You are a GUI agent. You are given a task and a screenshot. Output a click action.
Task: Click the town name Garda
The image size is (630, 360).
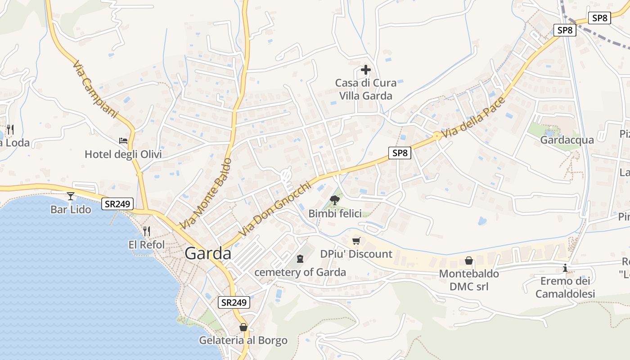click(x=208, y=254)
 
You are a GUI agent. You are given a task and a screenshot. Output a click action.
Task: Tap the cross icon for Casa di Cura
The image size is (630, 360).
click(x=366, y=70)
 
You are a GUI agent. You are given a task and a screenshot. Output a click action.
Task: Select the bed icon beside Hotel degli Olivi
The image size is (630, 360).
click(x=123, y=141)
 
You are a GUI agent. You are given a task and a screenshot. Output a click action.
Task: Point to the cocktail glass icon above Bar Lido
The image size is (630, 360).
click(x=70, y=196)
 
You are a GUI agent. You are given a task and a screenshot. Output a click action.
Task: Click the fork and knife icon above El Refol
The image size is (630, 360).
click(x=147, y=231)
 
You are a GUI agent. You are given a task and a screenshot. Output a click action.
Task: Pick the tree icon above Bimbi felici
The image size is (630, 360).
click(x=334, y=200)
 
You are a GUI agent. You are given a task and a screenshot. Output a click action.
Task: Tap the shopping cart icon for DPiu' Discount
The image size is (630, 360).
click(x=356, y=241)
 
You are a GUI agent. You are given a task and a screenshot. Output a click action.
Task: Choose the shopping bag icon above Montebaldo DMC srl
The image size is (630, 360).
click(x=468, y=261)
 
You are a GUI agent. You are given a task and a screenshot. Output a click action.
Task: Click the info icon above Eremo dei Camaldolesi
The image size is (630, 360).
click(x=565, y=268)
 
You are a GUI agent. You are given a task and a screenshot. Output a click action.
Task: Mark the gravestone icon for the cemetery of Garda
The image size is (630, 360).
click(x=300, y=259)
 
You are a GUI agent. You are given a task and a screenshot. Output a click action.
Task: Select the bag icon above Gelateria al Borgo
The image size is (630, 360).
click(x=243, y=327)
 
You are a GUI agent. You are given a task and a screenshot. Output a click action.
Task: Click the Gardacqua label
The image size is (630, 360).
click(x=567, y=140)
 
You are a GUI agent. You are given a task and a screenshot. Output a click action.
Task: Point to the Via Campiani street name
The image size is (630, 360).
click(x=94, y=89)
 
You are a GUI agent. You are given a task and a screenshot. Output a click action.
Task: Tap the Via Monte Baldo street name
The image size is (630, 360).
click(x=205, y=193)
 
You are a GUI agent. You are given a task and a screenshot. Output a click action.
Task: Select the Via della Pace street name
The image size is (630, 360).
click(x=474, y=118)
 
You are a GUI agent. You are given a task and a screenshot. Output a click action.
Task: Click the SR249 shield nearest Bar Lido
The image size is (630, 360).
click(x=117, y=204)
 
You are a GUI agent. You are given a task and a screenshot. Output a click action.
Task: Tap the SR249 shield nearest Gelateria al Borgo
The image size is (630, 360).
click(x=234, y=302)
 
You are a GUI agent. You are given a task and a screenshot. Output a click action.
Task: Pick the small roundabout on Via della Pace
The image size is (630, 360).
click(x=436, y=135)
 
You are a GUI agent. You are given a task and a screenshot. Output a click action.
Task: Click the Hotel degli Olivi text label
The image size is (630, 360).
click(x=123, y=155)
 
